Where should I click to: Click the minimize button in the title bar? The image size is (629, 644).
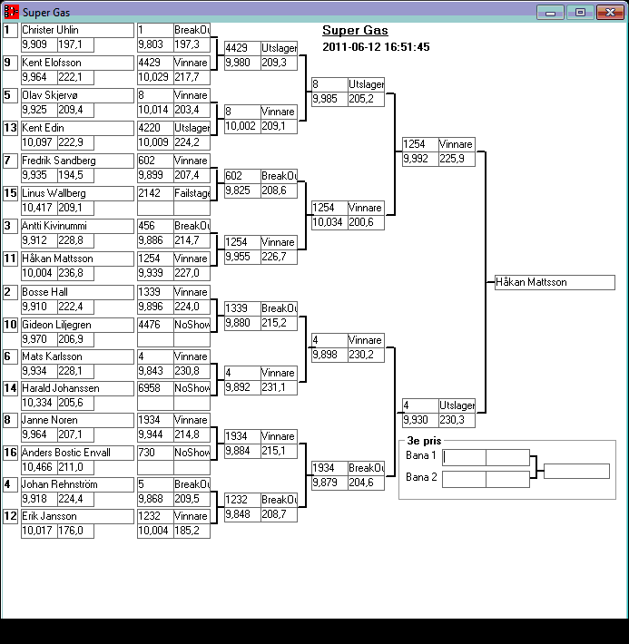tap(550, 13)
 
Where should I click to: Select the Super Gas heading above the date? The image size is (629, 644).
tap(355, 31)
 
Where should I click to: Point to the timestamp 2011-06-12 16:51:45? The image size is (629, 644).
tap(376, 47)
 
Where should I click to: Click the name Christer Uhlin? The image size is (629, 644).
tap(51, 30)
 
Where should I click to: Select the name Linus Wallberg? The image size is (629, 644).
tap(54, 193)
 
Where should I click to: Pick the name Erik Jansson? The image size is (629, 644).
tap(49, 516)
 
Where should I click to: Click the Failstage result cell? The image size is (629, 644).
tap(192, 193)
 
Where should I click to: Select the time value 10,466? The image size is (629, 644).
tap(37, 467)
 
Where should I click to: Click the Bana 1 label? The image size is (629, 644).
tap(421, 455)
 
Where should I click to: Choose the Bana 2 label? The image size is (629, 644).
tap(421, 477)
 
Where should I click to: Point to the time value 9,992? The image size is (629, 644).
tap(418, 159)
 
